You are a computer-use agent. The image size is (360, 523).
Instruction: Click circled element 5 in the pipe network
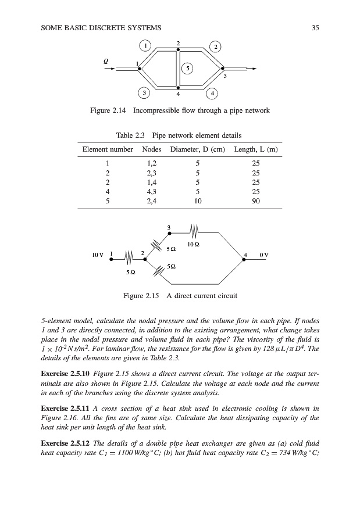pyautogui.click(x=188, y=69)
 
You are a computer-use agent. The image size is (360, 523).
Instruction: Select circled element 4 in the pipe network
pyautogui.click(x=213, y=93)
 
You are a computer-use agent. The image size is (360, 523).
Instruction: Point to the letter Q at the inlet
pyautogui.click(x=106, y=60)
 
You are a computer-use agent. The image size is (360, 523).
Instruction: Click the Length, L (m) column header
pyautogui.click(x=256, y=149)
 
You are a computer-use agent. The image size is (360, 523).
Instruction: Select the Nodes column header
pyautogui.click(x=152, y=149)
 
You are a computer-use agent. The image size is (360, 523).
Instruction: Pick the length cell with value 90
pyautogui.click(x=256, y=200)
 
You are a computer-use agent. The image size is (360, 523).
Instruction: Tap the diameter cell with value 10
pyautogui.click(x=198, y=200)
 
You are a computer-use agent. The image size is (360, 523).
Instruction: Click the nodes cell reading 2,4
pyautogui.click(x=152, y=200)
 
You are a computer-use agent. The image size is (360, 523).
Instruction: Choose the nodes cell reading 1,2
pyautogui.click(x=152, y=163)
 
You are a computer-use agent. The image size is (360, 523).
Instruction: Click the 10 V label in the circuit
pyautogui.click(x=98, y=255)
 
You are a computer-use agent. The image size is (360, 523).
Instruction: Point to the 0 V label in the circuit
pyautogui.click(x=264, y=255)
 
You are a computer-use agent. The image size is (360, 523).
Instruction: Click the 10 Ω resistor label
pyautogui.click(x=194, y=244)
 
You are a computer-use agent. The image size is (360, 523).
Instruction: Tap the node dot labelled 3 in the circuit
pyautogui.click(x=169, y=234)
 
